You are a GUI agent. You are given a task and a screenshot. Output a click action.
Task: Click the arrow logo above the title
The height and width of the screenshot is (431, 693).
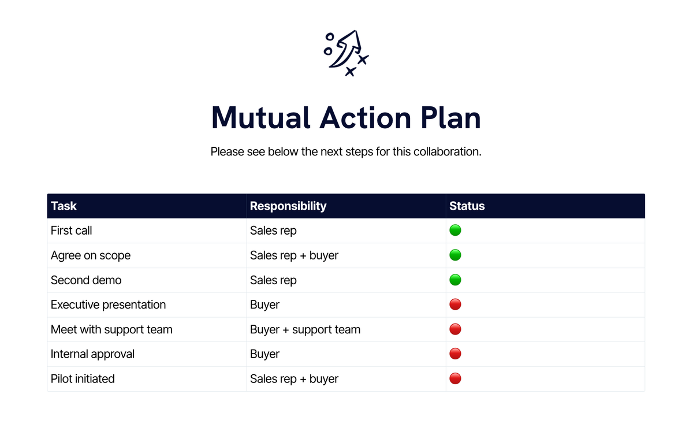point(346,53)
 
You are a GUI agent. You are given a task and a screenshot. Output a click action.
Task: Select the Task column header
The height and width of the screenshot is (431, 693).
point(64,206)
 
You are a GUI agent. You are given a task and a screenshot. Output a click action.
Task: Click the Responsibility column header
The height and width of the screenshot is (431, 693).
point(288,206)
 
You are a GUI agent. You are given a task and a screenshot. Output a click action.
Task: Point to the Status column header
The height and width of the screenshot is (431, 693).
point(467,206)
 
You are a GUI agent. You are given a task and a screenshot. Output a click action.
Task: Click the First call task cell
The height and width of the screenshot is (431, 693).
point(72,231)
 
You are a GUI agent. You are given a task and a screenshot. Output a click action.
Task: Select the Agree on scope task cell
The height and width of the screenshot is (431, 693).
point(91,255)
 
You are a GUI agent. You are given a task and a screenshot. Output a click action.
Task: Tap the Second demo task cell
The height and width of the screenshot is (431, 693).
point(86,280)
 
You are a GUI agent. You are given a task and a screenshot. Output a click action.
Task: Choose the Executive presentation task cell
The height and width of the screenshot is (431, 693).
point(108,304)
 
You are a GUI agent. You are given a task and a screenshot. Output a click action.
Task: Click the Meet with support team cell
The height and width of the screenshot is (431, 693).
point(111,329)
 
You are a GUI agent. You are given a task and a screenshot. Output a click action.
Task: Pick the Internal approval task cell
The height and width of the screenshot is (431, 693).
point(92,354)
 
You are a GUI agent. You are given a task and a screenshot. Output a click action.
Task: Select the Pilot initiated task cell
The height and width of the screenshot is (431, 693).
point(83,379)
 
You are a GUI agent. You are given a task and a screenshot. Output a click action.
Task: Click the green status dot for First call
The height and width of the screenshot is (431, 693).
point(455,231)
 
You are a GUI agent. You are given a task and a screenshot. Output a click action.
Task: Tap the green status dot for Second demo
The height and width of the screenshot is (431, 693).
point(455,280)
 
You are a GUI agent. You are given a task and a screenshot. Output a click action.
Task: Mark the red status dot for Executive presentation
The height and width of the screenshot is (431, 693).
point(455,304)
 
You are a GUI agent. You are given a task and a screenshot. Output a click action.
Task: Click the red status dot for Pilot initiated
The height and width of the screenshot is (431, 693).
point(455,379)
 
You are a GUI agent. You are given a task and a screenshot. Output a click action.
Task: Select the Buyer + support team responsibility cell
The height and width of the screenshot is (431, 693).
point(305,329)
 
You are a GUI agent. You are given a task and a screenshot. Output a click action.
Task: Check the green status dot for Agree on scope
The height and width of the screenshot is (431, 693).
point(455,255)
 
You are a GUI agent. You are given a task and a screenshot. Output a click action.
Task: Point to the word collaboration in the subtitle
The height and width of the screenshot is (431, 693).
point(445,152)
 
